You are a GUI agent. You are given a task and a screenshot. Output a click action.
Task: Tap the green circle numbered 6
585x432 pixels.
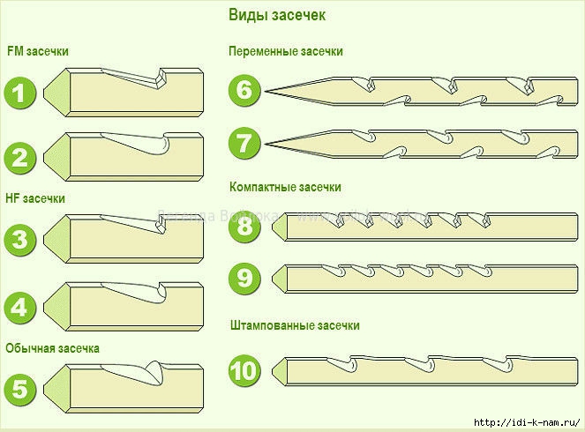[244, 90]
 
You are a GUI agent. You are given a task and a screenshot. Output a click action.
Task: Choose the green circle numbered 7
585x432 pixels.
[244, 141]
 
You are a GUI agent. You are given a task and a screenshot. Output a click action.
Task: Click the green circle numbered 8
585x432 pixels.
[244, 227]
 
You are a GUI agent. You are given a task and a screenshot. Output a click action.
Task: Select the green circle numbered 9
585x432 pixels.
[244, 278]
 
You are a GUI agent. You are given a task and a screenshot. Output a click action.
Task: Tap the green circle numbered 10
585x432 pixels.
[244, 370]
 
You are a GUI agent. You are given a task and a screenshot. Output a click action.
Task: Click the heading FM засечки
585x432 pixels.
[37, 51]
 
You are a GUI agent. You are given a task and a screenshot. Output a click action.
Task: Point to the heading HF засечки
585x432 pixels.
[35, 198]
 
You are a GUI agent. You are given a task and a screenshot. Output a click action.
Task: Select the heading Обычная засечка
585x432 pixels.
[53, 347]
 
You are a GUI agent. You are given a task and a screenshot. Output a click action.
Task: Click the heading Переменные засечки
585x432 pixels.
[285, 51]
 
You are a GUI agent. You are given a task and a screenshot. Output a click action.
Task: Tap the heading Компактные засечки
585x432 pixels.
[285, 188]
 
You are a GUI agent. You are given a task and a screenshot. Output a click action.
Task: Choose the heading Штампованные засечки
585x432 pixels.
[294, 325]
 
